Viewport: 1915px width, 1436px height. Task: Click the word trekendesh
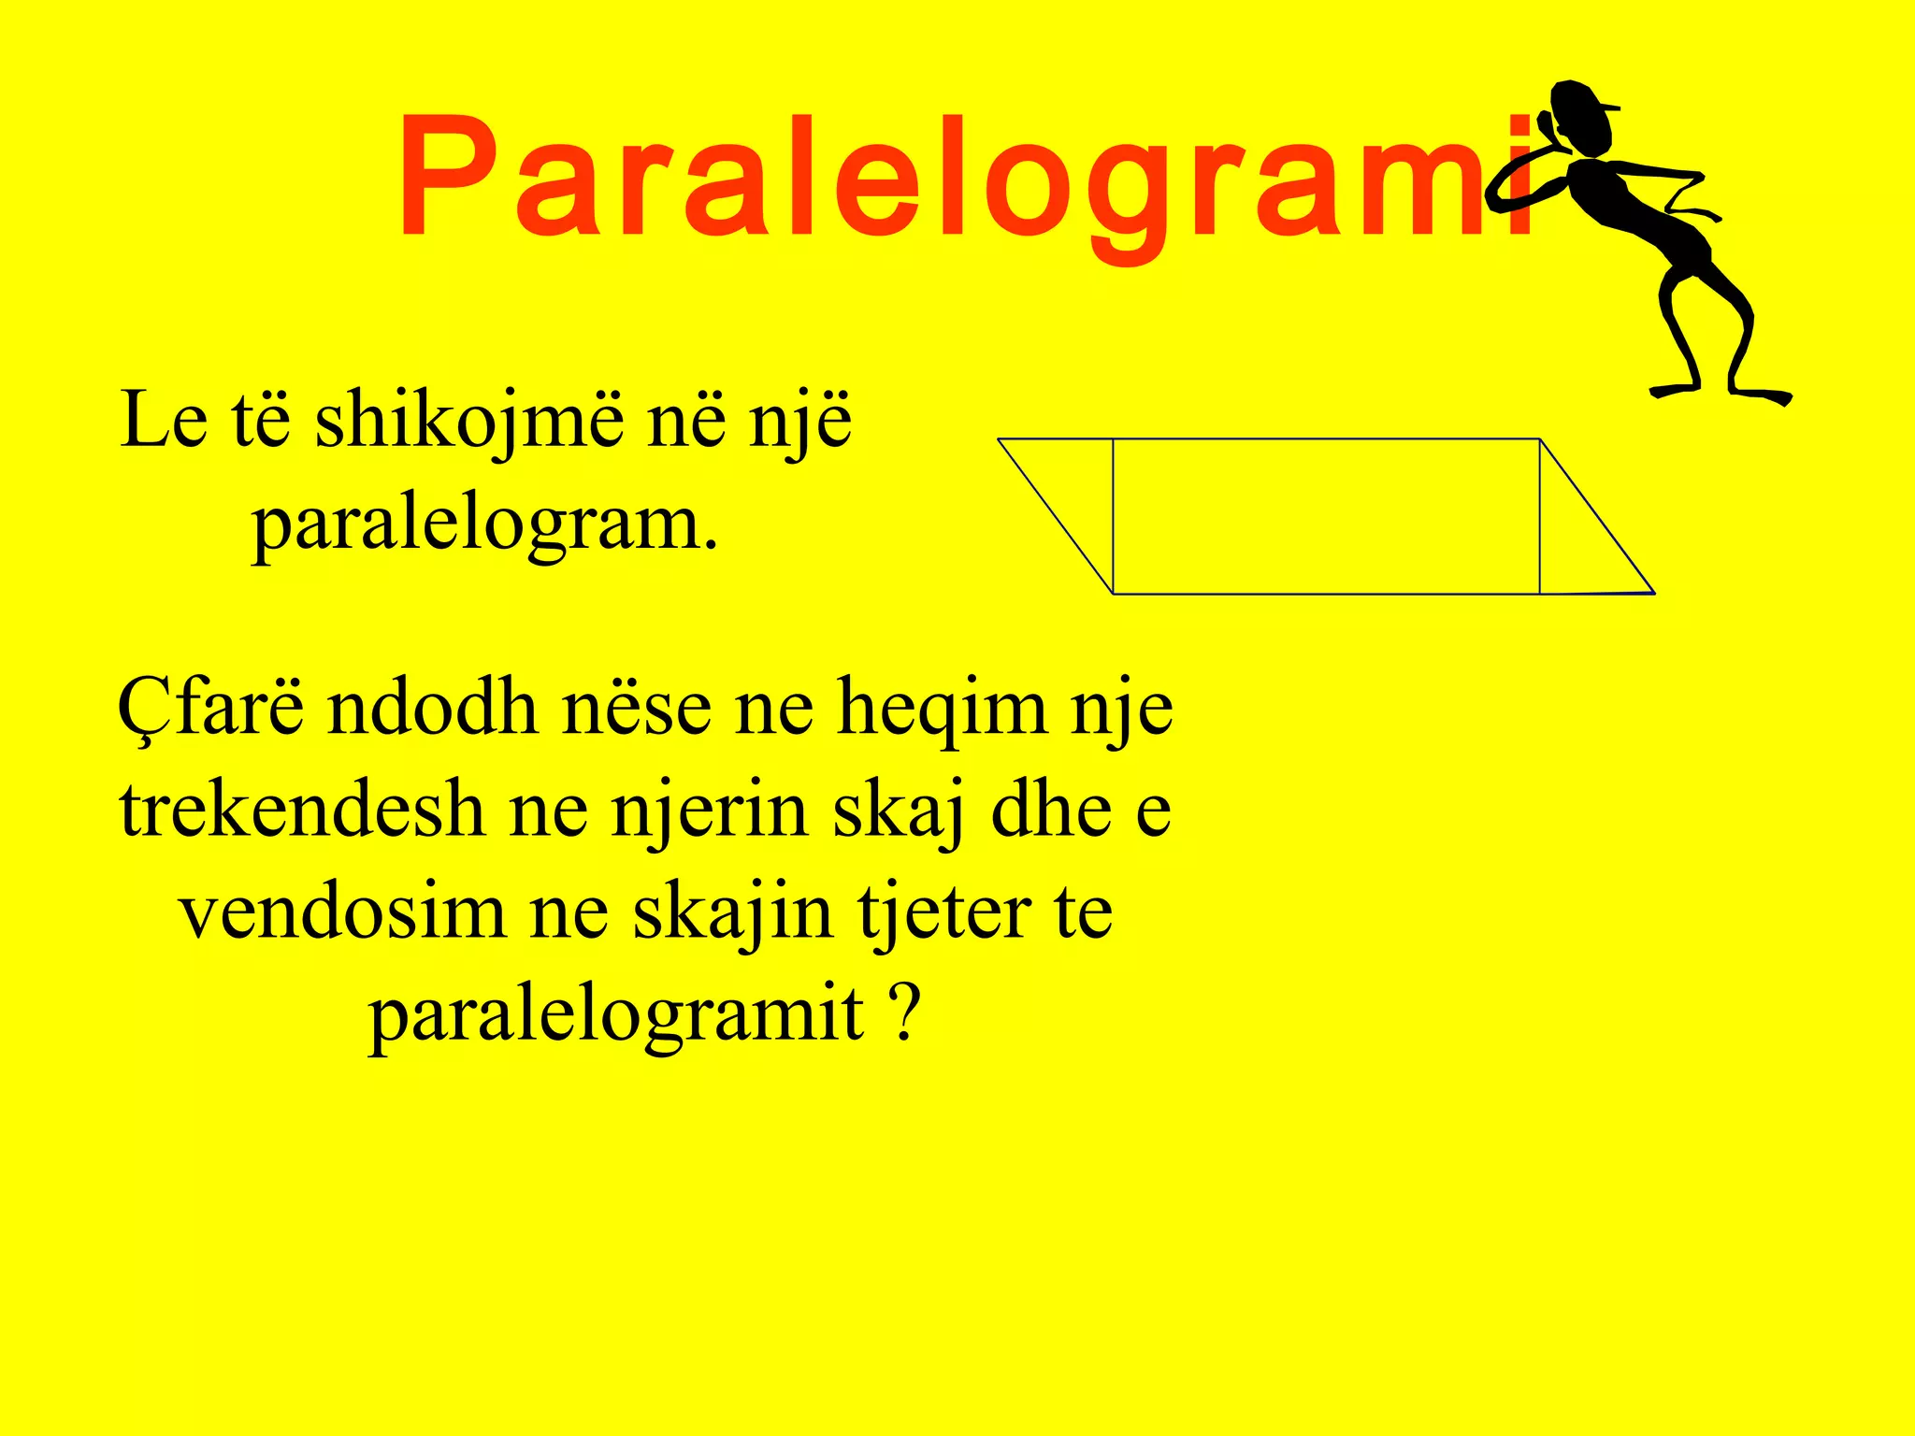pos(301,810)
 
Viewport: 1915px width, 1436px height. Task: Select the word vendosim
pos(342,912)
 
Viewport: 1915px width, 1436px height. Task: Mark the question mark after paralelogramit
pos(903,1013)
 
